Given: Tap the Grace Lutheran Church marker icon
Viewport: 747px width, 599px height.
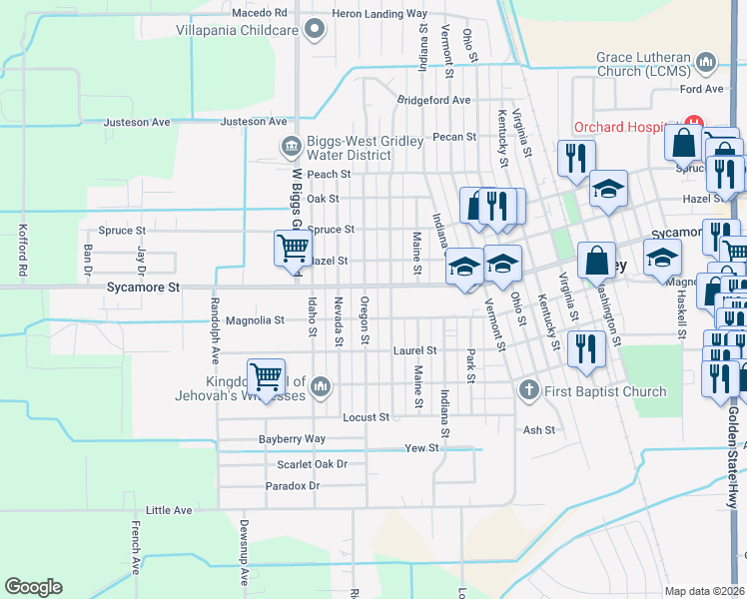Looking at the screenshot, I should pyautogui.click(x=707, y=64).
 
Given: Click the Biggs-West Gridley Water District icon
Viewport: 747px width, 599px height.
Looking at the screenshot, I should pyautogui.click(x=291, y=148).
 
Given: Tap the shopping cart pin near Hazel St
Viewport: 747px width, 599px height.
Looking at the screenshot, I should pyautogui.click(x=293, y=247).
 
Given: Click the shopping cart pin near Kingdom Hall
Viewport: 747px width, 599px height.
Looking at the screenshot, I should pyautogui.click(x=266, y=377).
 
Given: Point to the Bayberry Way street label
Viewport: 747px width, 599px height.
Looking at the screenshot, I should pyautogui.click(x=292, y=439).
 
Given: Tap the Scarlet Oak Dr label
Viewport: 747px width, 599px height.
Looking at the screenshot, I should pyautogui.click(x=312, y=464).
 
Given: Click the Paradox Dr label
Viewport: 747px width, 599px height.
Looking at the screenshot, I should pyautogui.click(x=293, y=486).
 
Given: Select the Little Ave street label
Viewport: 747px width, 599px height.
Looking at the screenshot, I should pyautogui.click(x=169, y=510).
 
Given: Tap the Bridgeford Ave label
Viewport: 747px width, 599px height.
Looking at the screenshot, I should pyautogui.click(x=433, y=100).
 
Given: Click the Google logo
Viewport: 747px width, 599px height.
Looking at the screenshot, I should pyautogui.click(x=33, y=587).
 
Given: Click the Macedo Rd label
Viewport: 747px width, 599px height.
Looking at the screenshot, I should pyautogui.click(x=259, y=13).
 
